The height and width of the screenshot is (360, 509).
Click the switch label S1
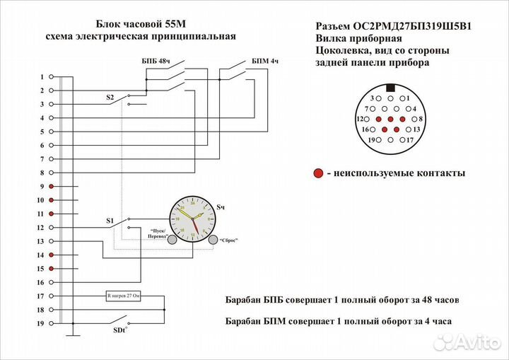(110, 221)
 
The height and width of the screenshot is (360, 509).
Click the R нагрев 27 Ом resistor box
(124, 296)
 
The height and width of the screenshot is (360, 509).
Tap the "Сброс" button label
(228, 240)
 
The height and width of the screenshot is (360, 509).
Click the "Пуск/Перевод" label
(159, 233)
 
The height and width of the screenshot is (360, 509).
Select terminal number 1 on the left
(42, 76)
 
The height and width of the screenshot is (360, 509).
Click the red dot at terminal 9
(51, 186)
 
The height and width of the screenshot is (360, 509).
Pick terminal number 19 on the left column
(41, 323)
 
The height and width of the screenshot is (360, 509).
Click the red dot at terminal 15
(51, 269)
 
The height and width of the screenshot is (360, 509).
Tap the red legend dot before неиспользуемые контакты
(319, 173)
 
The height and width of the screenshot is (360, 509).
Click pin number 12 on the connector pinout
(360, 119)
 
